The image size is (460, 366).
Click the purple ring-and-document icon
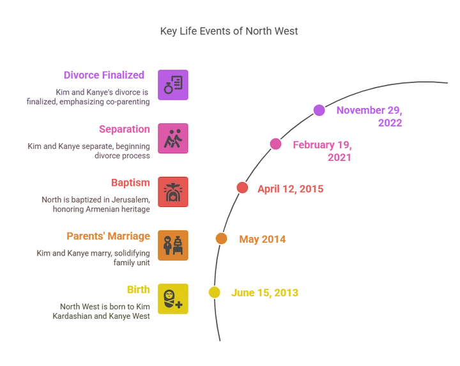click(x=172, y=85)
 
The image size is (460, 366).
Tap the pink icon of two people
click(x=172, y=139)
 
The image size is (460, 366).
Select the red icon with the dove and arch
click(x=172, y=192)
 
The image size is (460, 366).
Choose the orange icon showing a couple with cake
click(x=172, y=245)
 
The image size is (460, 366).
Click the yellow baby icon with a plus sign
click(x=172, y=299)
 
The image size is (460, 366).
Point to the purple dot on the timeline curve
click(x=319, y=110)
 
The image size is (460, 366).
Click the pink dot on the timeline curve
click(x=275, y=144)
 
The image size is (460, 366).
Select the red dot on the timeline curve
click(x=242, y=187)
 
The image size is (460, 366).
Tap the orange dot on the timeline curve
click(x=221, y=238)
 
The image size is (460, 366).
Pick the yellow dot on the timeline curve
click(x=214, y=293)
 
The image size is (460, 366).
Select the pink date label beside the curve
click(x=323, y=149)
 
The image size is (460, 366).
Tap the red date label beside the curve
click(x=290, y=188)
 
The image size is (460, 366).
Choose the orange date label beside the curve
click(x=261, y=240)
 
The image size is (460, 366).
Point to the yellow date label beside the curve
click(x=264, y=293)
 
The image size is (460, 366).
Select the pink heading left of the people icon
click(x=125, y=128)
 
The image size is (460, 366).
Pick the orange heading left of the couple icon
click(x=108, y=235)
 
